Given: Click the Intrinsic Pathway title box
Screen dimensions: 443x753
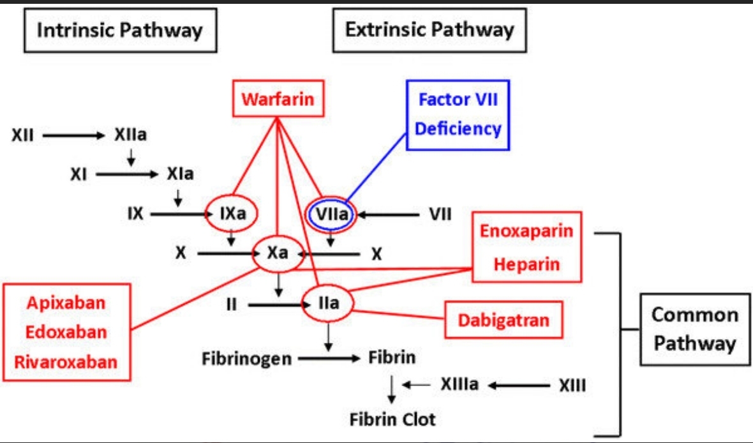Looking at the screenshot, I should pyautogui.click(x=119, y=29).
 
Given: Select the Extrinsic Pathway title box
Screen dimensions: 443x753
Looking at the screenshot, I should pyautogui.click(x=429, y=29).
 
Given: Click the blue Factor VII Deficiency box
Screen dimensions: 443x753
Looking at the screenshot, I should pyautogui.click(x=458, y=115).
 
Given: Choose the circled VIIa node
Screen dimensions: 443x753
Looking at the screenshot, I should pyautogui.click(x=329, y=214).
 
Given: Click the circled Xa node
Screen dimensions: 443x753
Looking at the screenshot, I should pyautogui.click(x=278, y=253).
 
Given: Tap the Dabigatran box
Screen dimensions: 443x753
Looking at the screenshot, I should pyautogui.click(x=503, y=319).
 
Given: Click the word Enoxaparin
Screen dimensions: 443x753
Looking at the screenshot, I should pyautogui.click(x=526, y=231).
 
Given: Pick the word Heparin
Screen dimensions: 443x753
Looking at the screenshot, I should pyautogui.click(x=526, y=264).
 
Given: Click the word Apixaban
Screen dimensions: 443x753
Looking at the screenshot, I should pyautogui.click(x=66, y=303).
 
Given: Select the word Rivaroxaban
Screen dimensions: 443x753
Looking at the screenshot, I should pyautogui.click(x=66, y=362).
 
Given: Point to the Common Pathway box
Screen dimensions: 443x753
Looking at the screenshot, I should pyautogui.click(x=694, y=329).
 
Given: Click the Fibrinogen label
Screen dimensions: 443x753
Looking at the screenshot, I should pyautogui.click(x=246, y=359).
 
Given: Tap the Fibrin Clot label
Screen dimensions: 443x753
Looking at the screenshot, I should pyautogui.click(x=392, y=419).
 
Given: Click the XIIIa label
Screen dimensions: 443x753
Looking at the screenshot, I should pyautogui.click(x=459, y=385).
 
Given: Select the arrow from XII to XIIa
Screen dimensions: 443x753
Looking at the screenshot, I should pyautogui.click(x=72, y=135).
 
